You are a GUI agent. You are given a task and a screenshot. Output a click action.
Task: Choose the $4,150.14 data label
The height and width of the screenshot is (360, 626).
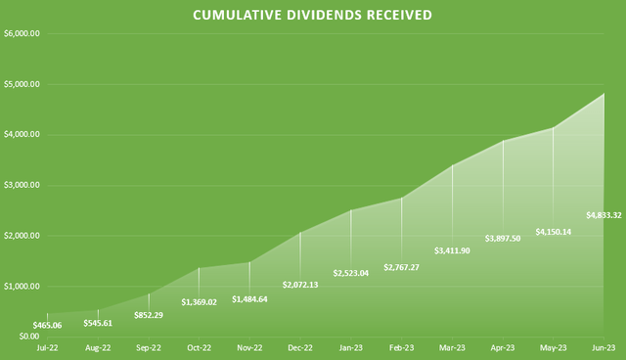point(555,232)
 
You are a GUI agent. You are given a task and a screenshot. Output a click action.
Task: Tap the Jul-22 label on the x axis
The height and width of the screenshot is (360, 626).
point(45,347)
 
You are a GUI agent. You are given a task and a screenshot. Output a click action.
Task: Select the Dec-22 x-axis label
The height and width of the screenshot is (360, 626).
point(299,347)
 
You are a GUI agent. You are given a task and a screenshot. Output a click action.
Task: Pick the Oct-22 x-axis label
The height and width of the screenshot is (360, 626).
point(198,347)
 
